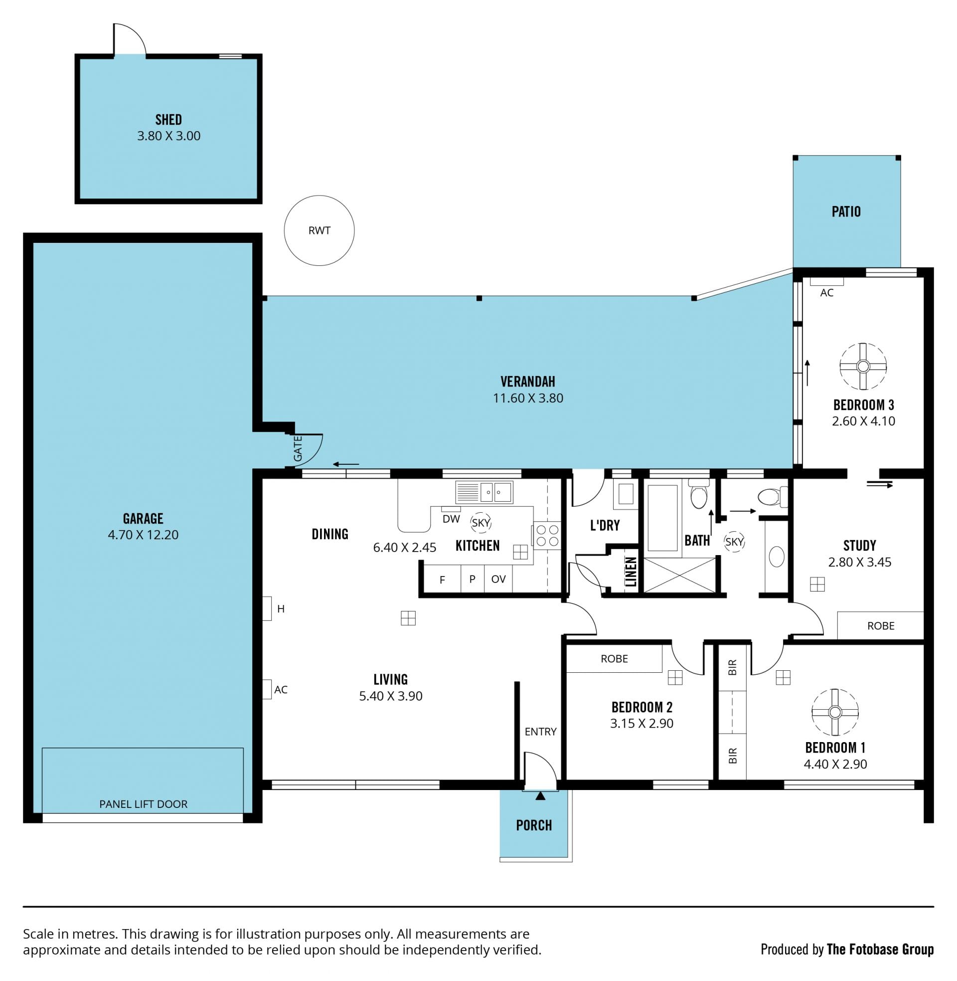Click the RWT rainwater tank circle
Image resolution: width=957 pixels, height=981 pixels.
coord(285,230)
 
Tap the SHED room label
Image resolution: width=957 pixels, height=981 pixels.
coord(168,120)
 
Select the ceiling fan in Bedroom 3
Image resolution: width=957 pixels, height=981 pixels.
coord(863,366)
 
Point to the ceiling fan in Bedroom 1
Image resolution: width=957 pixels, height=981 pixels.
coord(835,712)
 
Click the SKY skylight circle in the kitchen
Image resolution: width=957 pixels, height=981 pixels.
coord(480,523)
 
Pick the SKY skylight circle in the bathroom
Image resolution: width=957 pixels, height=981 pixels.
coord(734,542)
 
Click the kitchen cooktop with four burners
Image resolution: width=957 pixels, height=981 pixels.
coord(547,535)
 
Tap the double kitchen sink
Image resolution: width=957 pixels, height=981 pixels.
coord(484,492)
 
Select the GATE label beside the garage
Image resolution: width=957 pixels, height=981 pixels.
coord(298,448)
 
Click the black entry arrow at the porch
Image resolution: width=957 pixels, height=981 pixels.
coord(540,796)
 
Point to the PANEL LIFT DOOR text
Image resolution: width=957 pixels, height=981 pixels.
coord(143,804)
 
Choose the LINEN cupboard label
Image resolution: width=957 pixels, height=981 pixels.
coord(631,572)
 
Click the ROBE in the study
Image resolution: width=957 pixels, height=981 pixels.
coord(881,625)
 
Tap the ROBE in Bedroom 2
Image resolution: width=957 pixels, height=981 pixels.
coord(614,659)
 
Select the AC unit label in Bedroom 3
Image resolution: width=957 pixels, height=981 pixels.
coord(827,293)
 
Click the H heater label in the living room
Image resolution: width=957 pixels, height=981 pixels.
coord(281,609)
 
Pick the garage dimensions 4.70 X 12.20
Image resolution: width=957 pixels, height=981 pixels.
coord(143,535)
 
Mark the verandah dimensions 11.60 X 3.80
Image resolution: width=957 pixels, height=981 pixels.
coord(528,397)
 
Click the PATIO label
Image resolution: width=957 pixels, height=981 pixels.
coord(846,211)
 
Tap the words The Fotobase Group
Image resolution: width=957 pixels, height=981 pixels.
coord(880,949)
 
